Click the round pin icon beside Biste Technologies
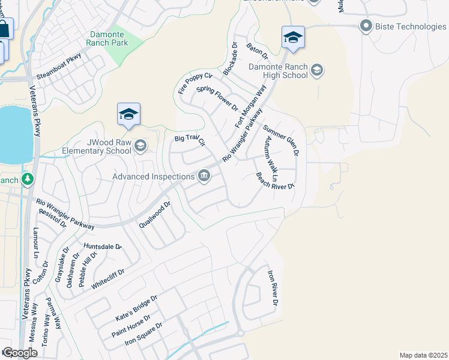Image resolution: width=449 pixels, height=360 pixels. [366, 26]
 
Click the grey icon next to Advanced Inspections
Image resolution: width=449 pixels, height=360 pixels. [204, 176]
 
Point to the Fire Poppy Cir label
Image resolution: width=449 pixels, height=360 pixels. [196, 83]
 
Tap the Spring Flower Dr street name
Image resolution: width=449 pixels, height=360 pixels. [217, 98]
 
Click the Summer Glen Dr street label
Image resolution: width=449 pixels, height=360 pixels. [280, 139]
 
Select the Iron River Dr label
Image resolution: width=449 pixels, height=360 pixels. [273, 289]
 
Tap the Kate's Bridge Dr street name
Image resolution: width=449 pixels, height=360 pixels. [136, 307]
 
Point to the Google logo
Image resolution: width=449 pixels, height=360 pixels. [20, 353]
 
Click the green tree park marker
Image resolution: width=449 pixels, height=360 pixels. [27, 179]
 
